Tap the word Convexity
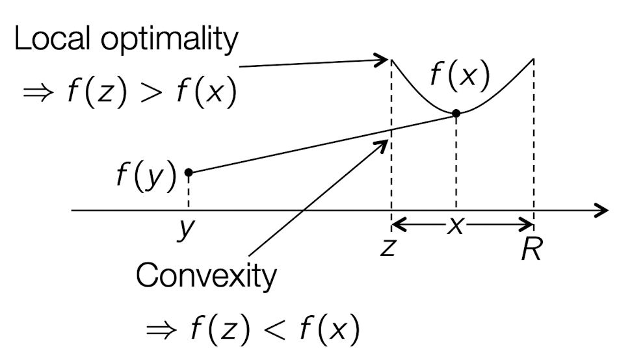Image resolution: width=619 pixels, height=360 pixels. pyautogui.click(x=205, y=277)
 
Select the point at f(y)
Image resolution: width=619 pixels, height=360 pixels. pyautogui.click(x=189, y=172)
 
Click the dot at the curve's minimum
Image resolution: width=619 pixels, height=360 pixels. pyautogui.click(x=456, y=113)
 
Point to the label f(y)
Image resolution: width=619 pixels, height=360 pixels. pyautogui.click(x=146, y=175)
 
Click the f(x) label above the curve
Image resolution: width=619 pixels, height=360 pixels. pyautogui.click(x=459, y=77)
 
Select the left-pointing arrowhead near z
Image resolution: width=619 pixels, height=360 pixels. pyautogui.click(x=398, y=225)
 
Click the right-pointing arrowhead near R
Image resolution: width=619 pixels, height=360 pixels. pyautogui.click(x=527, y=225)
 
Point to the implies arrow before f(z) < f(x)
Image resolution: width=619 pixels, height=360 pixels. pyautogui.click(x=160, y=332)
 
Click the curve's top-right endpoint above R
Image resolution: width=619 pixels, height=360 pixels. pyautogui.click(x=534, y=59)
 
